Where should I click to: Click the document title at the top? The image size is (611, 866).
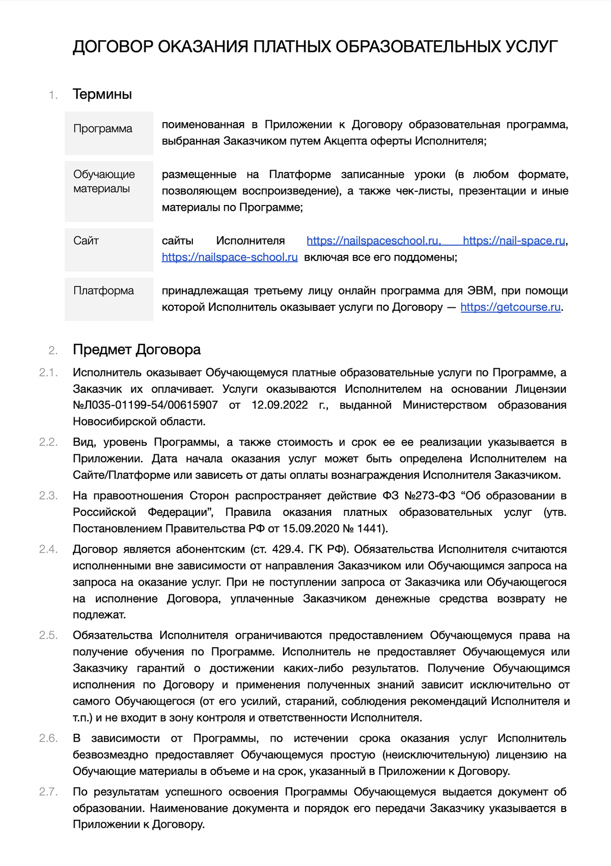(x=315, y=47)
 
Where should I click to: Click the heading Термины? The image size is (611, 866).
(x=102, y=94)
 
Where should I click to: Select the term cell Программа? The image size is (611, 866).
(x=103, y=129)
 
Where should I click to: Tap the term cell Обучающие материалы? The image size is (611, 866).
(x=104, y=182)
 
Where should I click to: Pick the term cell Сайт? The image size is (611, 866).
(x=86, y=241)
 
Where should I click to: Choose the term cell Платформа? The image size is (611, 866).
(x=103, y=291)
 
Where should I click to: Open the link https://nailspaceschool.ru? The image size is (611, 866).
(x=373, y=241)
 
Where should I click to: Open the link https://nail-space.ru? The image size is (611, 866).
(x=514, y=241)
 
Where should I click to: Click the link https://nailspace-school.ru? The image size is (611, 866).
(x=230, y=257)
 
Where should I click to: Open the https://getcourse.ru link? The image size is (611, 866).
(x=511, y=307)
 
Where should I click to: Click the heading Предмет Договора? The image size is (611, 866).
(x=136, y=350)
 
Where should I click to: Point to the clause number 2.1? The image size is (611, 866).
(x=48, y=372)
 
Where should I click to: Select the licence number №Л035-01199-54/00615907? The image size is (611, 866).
(x=146, y=405)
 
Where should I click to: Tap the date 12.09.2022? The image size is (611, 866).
(x=280, y=405)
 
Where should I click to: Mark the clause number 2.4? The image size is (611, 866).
(x=48, y=549)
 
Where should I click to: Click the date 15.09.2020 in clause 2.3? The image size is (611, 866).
(x=311, y=528)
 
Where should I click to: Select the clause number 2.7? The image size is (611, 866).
(x=48, y=792)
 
